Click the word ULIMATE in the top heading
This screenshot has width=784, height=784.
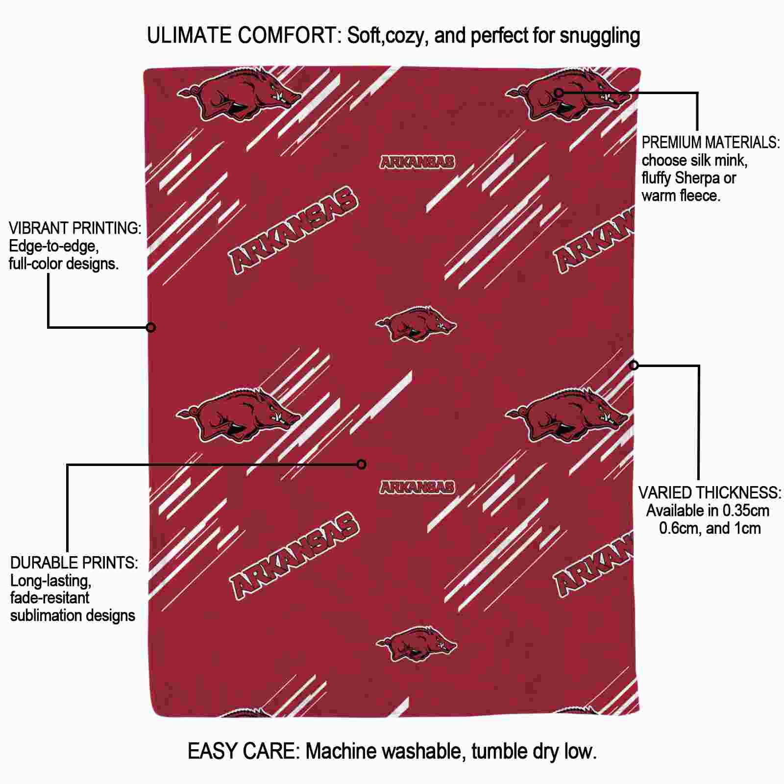(189, 36)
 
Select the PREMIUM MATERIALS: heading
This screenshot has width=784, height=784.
(710, 143)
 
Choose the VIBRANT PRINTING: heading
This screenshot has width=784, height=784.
(75, 228)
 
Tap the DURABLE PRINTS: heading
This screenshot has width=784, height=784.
(74, 563)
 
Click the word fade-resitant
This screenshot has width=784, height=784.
(50, 598)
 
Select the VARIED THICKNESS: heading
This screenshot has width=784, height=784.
(710, 493)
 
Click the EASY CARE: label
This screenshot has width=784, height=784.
(244, 751)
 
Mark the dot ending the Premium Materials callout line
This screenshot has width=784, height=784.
(559, 92)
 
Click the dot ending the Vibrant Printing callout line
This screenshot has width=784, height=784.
(151, 327)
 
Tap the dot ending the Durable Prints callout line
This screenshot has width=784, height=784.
(362, 464)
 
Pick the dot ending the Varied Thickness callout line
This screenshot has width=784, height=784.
(634, 365)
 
